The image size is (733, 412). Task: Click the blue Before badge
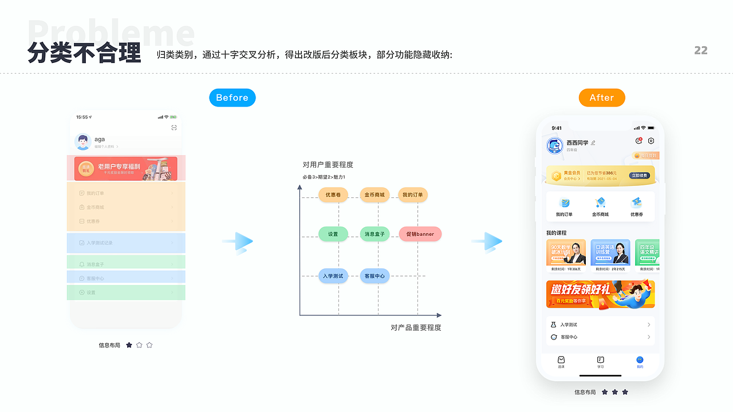point(232,98)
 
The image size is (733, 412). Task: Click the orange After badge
point(601,98)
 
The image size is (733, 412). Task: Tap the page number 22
point(701,50)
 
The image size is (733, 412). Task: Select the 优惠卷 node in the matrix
point(333,195)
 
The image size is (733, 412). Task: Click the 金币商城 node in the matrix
point(375,195)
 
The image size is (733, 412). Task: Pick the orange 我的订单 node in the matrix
point(412,195)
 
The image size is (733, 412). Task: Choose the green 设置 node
point(333,234)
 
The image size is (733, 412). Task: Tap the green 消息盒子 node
point(375,234)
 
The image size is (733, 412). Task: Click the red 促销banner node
point(420,234)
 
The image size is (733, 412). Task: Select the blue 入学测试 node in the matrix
point(333,276)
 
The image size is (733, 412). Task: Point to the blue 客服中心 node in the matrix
point(375,276)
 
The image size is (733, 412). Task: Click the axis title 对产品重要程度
point(416,328)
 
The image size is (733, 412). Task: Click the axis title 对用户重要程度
point(328,165)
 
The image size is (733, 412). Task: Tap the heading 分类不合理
point(84,53)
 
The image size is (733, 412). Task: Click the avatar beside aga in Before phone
point(83,141)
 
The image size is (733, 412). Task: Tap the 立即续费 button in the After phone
point(639,176)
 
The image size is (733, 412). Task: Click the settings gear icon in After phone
point(651,141)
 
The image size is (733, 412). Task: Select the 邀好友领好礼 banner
point(600,294)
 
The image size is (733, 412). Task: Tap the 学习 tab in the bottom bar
point(600,362)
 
